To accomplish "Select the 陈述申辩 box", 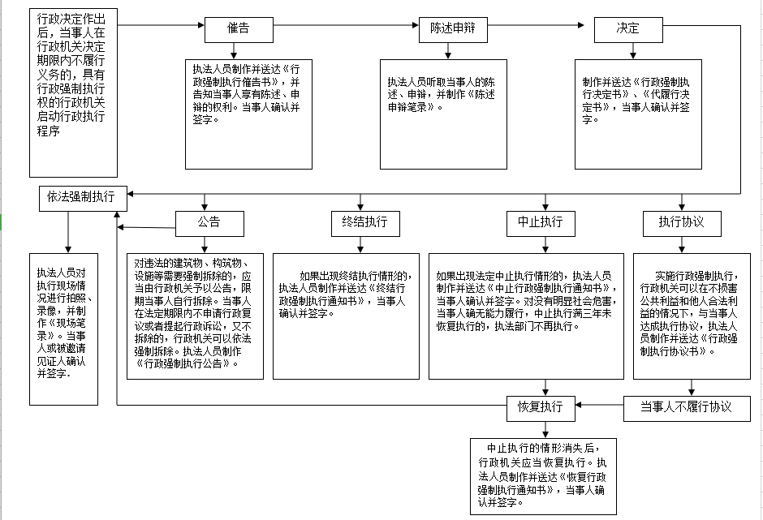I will (x=452, y=29).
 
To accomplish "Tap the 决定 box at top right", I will (x=628, y=29).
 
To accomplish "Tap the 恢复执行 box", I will (x=541, y=406).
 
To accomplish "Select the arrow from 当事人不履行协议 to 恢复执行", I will (x=599, y=405).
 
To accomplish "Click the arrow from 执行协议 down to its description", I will (x=680, y=244).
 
